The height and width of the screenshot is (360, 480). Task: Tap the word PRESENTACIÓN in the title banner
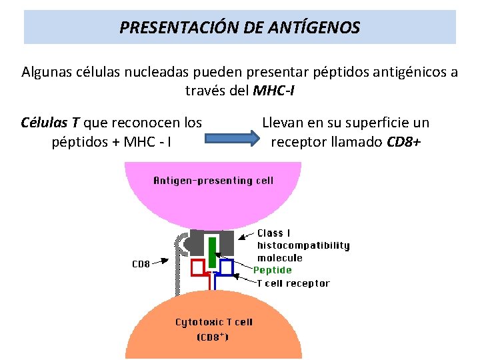[x=174, y=28]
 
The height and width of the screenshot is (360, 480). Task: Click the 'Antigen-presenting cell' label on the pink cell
[x=213, y=180]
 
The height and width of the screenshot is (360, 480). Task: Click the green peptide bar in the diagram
[x=212, y=253]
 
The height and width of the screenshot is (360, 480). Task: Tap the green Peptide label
[x=273, y=270]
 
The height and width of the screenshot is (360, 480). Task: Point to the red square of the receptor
[x=198, y=267]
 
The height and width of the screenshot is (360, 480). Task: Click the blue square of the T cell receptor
[x=226, y=267]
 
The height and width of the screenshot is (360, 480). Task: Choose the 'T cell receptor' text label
[x=293, y=283]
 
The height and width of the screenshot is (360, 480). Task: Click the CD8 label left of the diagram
[x=141, y=264]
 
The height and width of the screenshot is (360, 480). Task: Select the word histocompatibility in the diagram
[x=303, y=245]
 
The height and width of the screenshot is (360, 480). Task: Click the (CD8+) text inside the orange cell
[x=213, y=337]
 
